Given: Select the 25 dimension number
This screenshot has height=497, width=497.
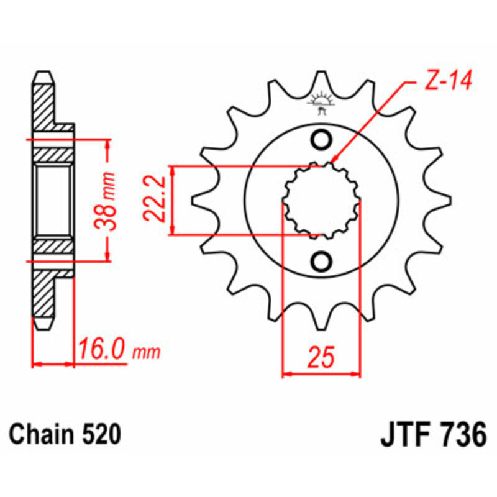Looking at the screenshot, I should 321,358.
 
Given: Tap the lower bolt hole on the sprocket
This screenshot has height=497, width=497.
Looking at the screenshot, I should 321,262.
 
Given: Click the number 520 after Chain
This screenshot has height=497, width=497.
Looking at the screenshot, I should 100,434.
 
